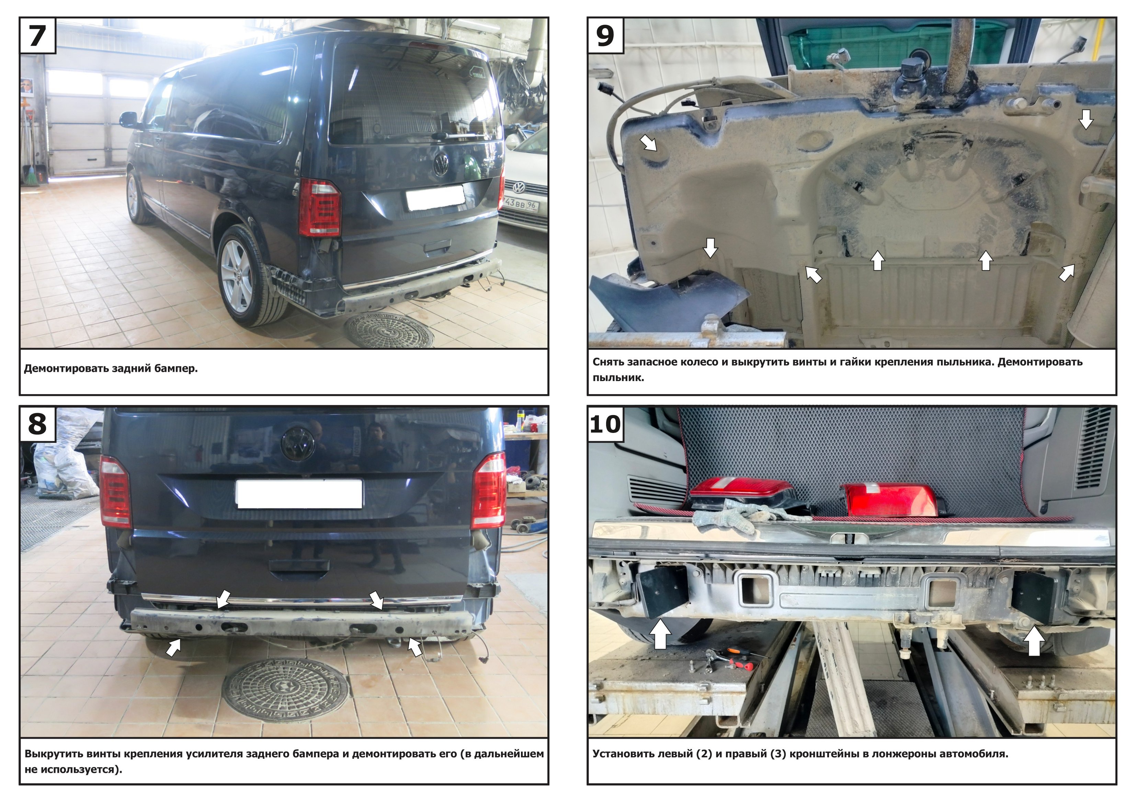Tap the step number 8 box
pyautogui.click(x=37, y=424)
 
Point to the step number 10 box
pyautogui.click(x=605, y=424)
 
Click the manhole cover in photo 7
pyautogui.click(x=389, y=330)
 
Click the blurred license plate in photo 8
pyautogui.click(x=299, y=493)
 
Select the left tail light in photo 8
pyautogui.click(x=115, y=492)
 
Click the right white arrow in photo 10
pyautogui.click(x=1034, y=641)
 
